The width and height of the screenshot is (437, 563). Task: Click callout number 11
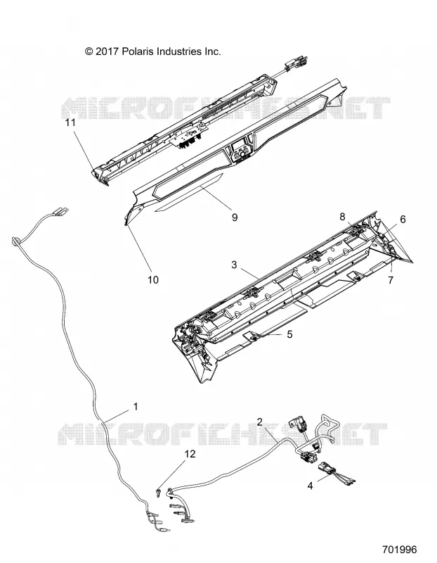click(x=70, y=122)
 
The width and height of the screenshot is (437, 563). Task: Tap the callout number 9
click(x=235, y=217)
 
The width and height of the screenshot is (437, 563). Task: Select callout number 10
click(x=153, y=279)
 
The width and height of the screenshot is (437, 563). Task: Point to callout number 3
click(x=234, y=265)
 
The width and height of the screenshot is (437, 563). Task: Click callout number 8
click(x=342, y=217)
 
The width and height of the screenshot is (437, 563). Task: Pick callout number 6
click(x=403, y=219)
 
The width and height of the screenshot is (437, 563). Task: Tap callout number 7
click(x=391, y=279)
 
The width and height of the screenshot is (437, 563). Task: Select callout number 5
click(x=289, y=334)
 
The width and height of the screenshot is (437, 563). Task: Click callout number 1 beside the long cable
click(x=136, y=407)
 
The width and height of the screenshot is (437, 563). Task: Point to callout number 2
click(x=260, y=422)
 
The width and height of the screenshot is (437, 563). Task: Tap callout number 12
click(x=190, y=454)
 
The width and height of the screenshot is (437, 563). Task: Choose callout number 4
click(x=311, y=486)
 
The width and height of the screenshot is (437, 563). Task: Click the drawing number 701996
click(x=399, y=550)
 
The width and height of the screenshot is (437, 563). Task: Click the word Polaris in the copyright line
click(x=136, y=51)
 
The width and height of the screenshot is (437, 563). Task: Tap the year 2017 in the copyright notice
click(x=107, y=51)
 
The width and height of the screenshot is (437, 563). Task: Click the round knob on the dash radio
click(x=242, y=154)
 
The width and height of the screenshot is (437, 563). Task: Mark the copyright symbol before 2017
click(x=89, y=51)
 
